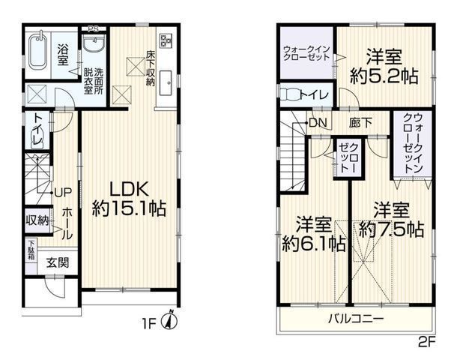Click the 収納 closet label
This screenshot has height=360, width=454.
(37, 220)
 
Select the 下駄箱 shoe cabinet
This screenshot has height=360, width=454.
(31, 250)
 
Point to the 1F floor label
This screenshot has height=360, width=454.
(150, 324)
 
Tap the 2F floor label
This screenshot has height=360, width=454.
(426, 337)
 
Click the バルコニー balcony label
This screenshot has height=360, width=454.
(356, 318)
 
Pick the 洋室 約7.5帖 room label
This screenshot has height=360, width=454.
(390, 219)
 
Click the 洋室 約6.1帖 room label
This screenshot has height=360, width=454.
(314, 233)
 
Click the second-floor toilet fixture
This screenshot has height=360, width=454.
(288, 94)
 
